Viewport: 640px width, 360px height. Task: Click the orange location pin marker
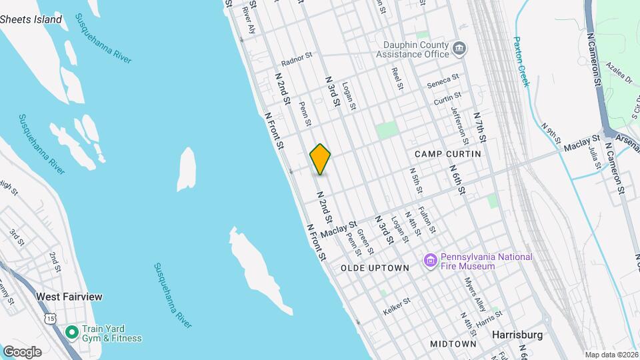(321, 159)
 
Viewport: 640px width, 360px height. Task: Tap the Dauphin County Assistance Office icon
(459, 48)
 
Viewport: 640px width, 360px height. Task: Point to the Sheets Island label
(31, 19)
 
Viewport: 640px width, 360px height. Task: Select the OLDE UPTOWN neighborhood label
(375, 268)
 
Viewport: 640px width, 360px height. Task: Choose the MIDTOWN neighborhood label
(453, 344)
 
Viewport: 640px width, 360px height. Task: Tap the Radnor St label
(297, 59)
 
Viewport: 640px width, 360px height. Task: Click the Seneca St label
(443, 81)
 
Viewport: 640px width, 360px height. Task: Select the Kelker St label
(396, 307)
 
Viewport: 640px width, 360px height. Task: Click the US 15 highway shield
(51, 319)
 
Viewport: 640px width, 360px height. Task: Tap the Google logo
(22, 352)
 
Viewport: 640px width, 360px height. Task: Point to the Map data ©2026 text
(611, 355)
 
